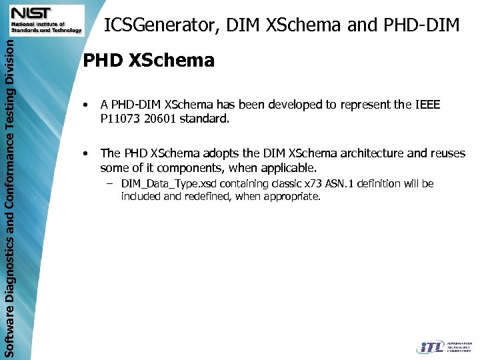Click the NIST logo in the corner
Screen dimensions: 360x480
(x=45, y=20)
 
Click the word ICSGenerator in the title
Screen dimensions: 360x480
(x=160, y=25)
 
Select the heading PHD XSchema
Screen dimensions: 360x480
(x=148, y=61)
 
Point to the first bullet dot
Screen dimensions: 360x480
(x=85, y=105)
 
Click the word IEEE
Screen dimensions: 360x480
(x=427, y=105)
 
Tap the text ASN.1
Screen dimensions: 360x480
(x=340, y=183)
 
